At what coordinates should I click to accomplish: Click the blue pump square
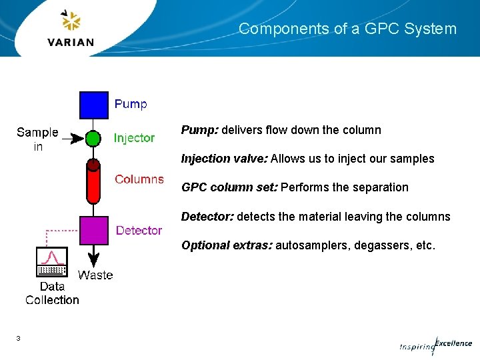[x=94, y=105]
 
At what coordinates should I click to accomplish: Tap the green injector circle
[x=94, y=139]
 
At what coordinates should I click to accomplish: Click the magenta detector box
[x=94, y=230]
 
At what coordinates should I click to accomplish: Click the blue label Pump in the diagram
[x=131, y=104]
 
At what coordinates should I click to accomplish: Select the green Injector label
[x=134, y=138]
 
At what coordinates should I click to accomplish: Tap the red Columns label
[x=139, y=179]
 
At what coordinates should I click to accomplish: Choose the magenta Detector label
[x=139, y=230]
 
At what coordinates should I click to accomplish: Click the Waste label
[x=95, y=275]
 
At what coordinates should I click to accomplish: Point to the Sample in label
[x=37, y=139]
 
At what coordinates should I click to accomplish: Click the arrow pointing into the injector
[x=75, y=139]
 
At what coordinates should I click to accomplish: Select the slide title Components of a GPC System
[x=347, y=29]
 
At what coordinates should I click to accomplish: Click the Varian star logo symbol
[x=71, y=21]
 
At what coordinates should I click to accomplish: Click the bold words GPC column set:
[x=229, y=187]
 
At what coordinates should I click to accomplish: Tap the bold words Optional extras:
[x=227, y=245]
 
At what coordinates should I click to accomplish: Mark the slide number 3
[x=18, y=339]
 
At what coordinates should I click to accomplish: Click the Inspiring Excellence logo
[x=436, y=345]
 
